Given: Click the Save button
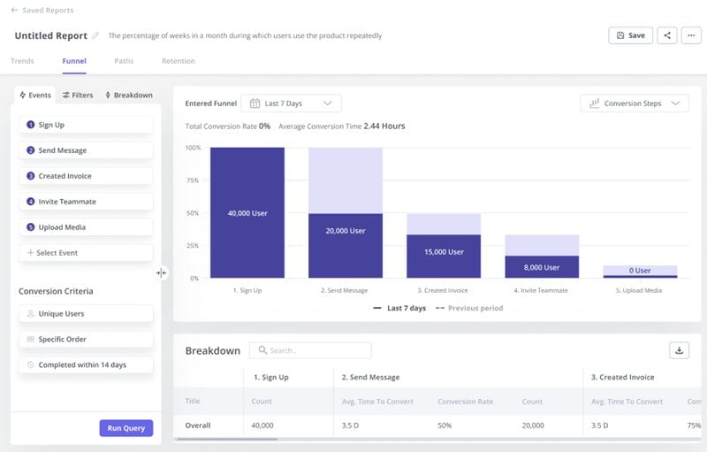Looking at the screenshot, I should pyautogui.click(x=630, y=35).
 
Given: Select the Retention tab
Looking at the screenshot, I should pyautogui.click(x=178, y=61).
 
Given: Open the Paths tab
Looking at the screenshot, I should pyautogui.click(x=124, y=61).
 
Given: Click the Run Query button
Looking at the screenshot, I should pyautogui.click(x=125, y=428).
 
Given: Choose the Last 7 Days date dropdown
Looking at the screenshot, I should pyautogui.click(x=291, y=103).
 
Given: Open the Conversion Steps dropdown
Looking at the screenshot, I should pyautogui.click(x=635, y=103).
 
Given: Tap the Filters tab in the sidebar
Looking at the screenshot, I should pyautogui.click(x=78, y=95).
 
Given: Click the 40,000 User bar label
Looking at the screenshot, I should pyautogui.click(x=247, y=213).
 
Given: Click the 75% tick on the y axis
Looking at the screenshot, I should pyautogui.click(x=193, y=180).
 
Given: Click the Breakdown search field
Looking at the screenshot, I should pyautogui.click(x=310, y=350).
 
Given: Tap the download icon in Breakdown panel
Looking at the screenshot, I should pyautogui.click(x=679, y=350).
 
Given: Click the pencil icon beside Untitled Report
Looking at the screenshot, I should pyautogui.click(x=95, y=36).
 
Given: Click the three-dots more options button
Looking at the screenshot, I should pyautogui.click(x=690, y=35).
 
